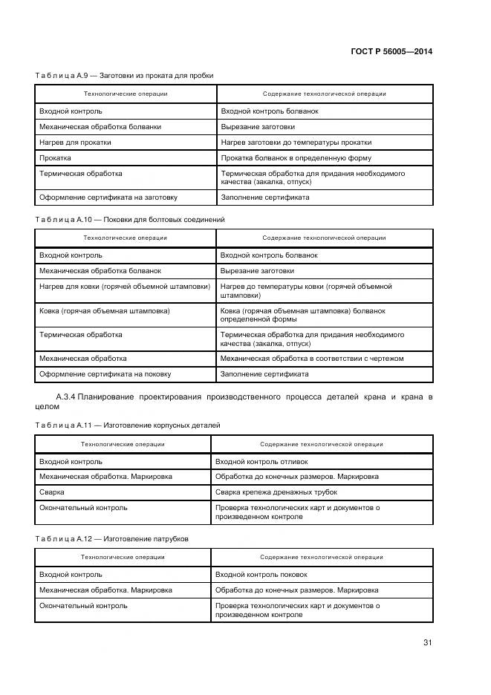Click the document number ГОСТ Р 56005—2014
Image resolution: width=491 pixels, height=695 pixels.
(391, 51)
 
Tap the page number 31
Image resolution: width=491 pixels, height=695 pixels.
(427, 643)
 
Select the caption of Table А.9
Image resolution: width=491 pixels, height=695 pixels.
(124, 75)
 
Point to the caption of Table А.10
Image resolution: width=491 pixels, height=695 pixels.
(129, 220)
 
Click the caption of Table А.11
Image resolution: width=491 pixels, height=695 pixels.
(127, 425)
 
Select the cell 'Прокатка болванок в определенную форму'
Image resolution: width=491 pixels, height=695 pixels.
(296, 157)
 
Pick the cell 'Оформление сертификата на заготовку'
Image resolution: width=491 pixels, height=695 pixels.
(108, 198)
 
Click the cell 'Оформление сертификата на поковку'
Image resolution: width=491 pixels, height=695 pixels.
(105, 374)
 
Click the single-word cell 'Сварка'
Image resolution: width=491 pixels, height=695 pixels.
(51, 492)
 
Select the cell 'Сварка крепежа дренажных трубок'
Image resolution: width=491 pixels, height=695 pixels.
(276, 492)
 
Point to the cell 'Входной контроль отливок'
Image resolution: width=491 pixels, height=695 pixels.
(251, 461)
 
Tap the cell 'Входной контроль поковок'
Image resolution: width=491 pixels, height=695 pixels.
(251, 574)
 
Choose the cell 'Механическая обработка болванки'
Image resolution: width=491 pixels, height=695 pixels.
(100, 126)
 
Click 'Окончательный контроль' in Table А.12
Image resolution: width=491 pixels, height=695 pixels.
(83, 605)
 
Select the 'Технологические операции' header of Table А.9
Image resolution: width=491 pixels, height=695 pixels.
(126, 94)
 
